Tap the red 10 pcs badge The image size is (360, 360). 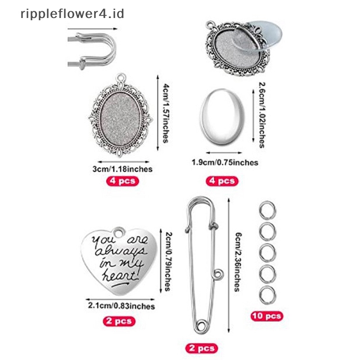(266, 316)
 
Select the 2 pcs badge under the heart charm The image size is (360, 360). (120, 321)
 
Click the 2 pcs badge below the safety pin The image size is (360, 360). (201, 348)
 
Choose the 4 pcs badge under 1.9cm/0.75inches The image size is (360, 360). (221, 181)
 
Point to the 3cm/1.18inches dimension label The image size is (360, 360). (122, 169)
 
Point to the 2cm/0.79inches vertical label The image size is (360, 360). (166, 261)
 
